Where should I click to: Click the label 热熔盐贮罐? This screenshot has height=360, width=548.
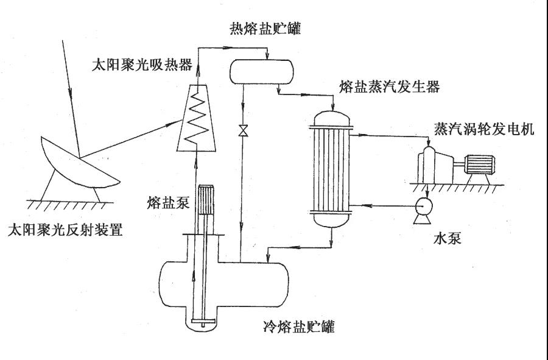point(265,29)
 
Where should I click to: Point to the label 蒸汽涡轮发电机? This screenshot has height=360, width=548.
point(484,130)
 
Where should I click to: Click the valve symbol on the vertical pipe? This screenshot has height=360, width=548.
point(243,130)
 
